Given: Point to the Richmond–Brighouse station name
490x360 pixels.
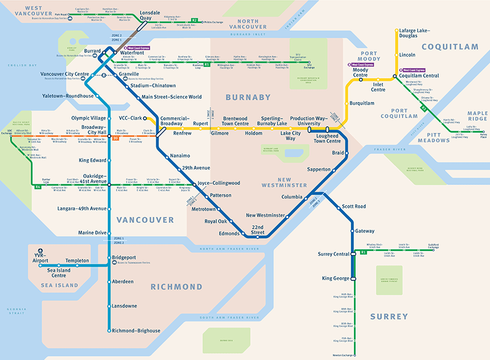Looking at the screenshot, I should point(135,331).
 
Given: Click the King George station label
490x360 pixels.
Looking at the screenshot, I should point(336,279).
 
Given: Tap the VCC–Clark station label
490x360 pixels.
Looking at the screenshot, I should point(130,118).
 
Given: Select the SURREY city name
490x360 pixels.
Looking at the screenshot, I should point(389,316).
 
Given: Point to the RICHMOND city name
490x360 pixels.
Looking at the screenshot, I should point(176,286).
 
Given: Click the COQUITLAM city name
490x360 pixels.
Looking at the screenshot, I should point(450,47).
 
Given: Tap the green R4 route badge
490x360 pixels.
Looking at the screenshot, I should point(38,187).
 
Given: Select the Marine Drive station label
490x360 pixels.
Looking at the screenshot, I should point(93,233).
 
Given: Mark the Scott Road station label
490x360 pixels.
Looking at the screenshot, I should point(353,206).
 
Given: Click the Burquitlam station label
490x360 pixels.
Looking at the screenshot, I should point(362,104).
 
